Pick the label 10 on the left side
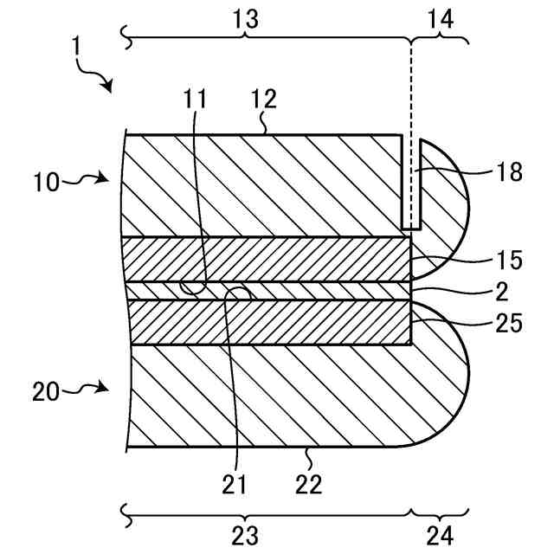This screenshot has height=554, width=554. [x=48, y=182]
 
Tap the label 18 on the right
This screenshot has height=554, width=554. [x=511, y=171]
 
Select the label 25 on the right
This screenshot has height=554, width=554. [x=511, y=324]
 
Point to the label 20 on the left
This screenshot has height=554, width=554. [x=48, y=393]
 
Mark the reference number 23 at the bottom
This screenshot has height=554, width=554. [x=247, y=534]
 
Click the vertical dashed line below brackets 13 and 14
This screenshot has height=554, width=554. [x=412, y=104]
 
